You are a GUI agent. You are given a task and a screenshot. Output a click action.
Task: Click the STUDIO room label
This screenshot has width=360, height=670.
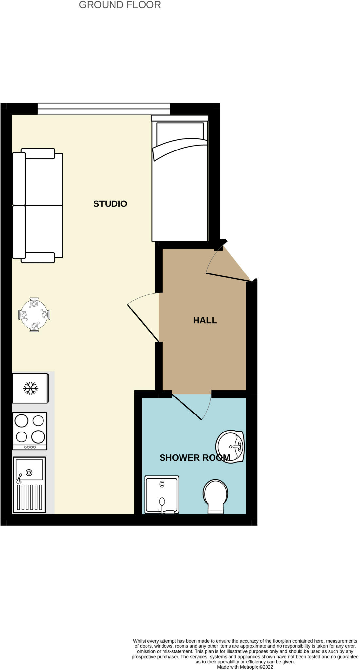110,204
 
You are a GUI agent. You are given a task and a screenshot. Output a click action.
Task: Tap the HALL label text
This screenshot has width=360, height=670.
205,320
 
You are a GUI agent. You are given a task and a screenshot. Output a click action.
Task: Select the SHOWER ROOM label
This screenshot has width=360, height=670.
195,458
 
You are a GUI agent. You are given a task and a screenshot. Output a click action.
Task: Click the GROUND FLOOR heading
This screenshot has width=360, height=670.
120,5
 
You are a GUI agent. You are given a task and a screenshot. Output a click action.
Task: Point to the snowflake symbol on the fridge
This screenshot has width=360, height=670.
30,388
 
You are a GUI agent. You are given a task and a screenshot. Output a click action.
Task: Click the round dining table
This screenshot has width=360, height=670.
34,315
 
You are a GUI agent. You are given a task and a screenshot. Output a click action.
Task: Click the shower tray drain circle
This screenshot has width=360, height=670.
162,484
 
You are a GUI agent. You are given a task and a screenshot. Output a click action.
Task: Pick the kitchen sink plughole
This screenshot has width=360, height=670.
29,472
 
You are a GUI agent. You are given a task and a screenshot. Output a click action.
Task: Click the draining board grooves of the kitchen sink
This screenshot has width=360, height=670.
29,497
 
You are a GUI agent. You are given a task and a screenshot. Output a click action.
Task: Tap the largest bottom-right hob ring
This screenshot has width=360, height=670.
38,436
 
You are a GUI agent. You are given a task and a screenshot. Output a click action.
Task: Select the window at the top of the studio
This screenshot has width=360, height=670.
104,109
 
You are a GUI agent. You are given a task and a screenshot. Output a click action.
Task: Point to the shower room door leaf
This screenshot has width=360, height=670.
186,407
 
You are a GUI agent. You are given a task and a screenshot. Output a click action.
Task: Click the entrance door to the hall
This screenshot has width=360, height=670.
229,277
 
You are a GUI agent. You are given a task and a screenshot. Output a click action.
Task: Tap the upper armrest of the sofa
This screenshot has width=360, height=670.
38,153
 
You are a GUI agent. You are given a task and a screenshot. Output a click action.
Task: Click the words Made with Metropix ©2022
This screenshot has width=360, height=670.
245,667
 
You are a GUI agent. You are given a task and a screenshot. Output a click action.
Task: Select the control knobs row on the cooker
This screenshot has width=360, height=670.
30,447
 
